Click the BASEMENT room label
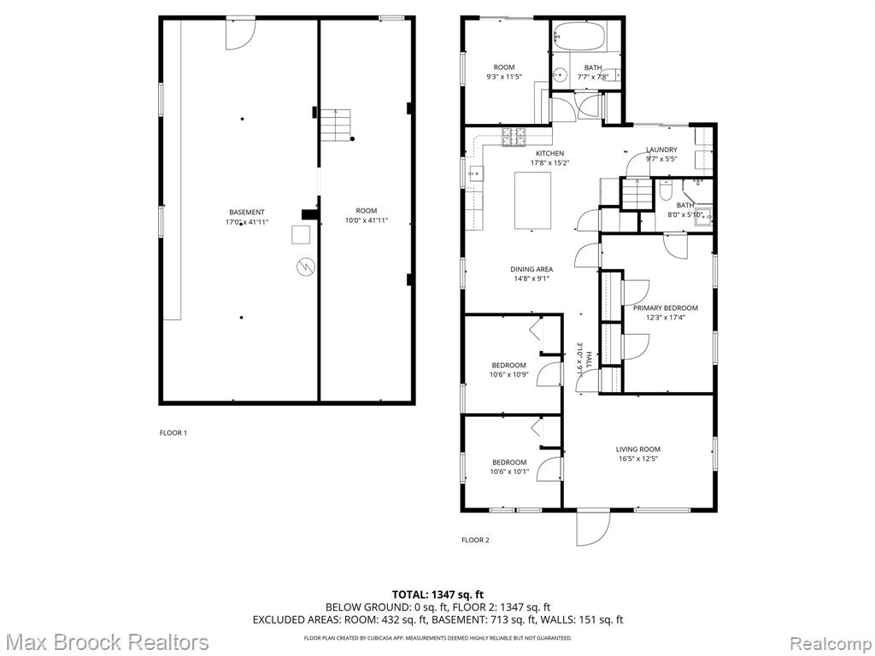click(x=247, y=212)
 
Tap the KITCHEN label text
click(x=549, y=154)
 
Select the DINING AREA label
click(x=531, y=269)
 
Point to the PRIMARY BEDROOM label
click(x=665, y=307)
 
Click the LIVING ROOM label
click(x=637, y=449)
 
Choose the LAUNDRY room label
click(x=662, y=149)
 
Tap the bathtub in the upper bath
click(x=580, y=36)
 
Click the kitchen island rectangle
click(x=532, y=201)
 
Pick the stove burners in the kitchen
click(x=514, y=137)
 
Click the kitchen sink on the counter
click(x=475, y=174)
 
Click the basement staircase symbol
click(x=335, y=125)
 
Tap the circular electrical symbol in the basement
click(x=305, y=266)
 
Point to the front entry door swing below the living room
click(x=594, y=530)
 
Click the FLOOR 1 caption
click(x=173, y=433)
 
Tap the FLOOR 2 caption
click(x=475, y=540)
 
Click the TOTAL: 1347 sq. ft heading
click(x=437, y=594)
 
